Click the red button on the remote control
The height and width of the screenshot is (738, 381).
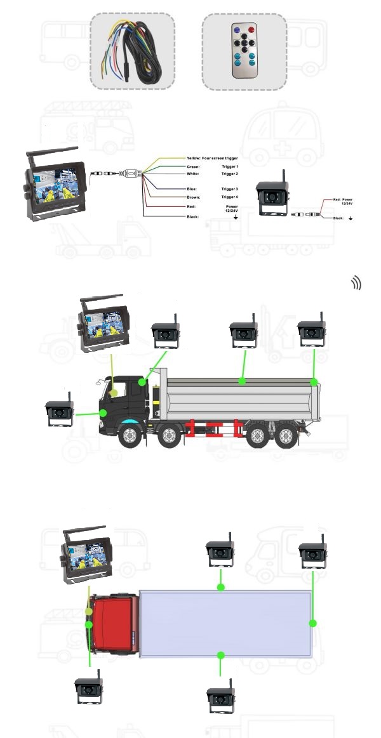(251, 30)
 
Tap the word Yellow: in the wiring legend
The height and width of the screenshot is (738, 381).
(194, 158)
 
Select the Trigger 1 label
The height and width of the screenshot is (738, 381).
(230, 167)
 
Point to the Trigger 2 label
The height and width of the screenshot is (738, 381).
(230, 174)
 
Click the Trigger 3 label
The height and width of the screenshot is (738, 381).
(230, 188)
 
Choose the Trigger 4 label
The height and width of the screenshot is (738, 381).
(230, 197)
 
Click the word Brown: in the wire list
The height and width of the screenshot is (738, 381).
(193, 197)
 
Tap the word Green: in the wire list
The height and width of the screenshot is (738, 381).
(193, 167)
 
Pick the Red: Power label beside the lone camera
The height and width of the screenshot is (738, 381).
(343, 199)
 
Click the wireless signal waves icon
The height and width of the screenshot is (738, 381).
(356, 284)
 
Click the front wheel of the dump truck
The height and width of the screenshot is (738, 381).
(129, 436)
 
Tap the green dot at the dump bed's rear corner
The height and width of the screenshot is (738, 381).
(314, 382)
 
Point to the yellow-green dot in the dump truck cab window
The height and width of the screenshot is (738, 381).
(113, 393)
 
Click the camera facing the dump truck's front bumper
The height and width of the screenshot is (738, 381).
(60, 412)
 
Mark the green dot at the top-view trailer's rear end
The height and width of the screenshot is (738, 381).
(312, 623)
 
